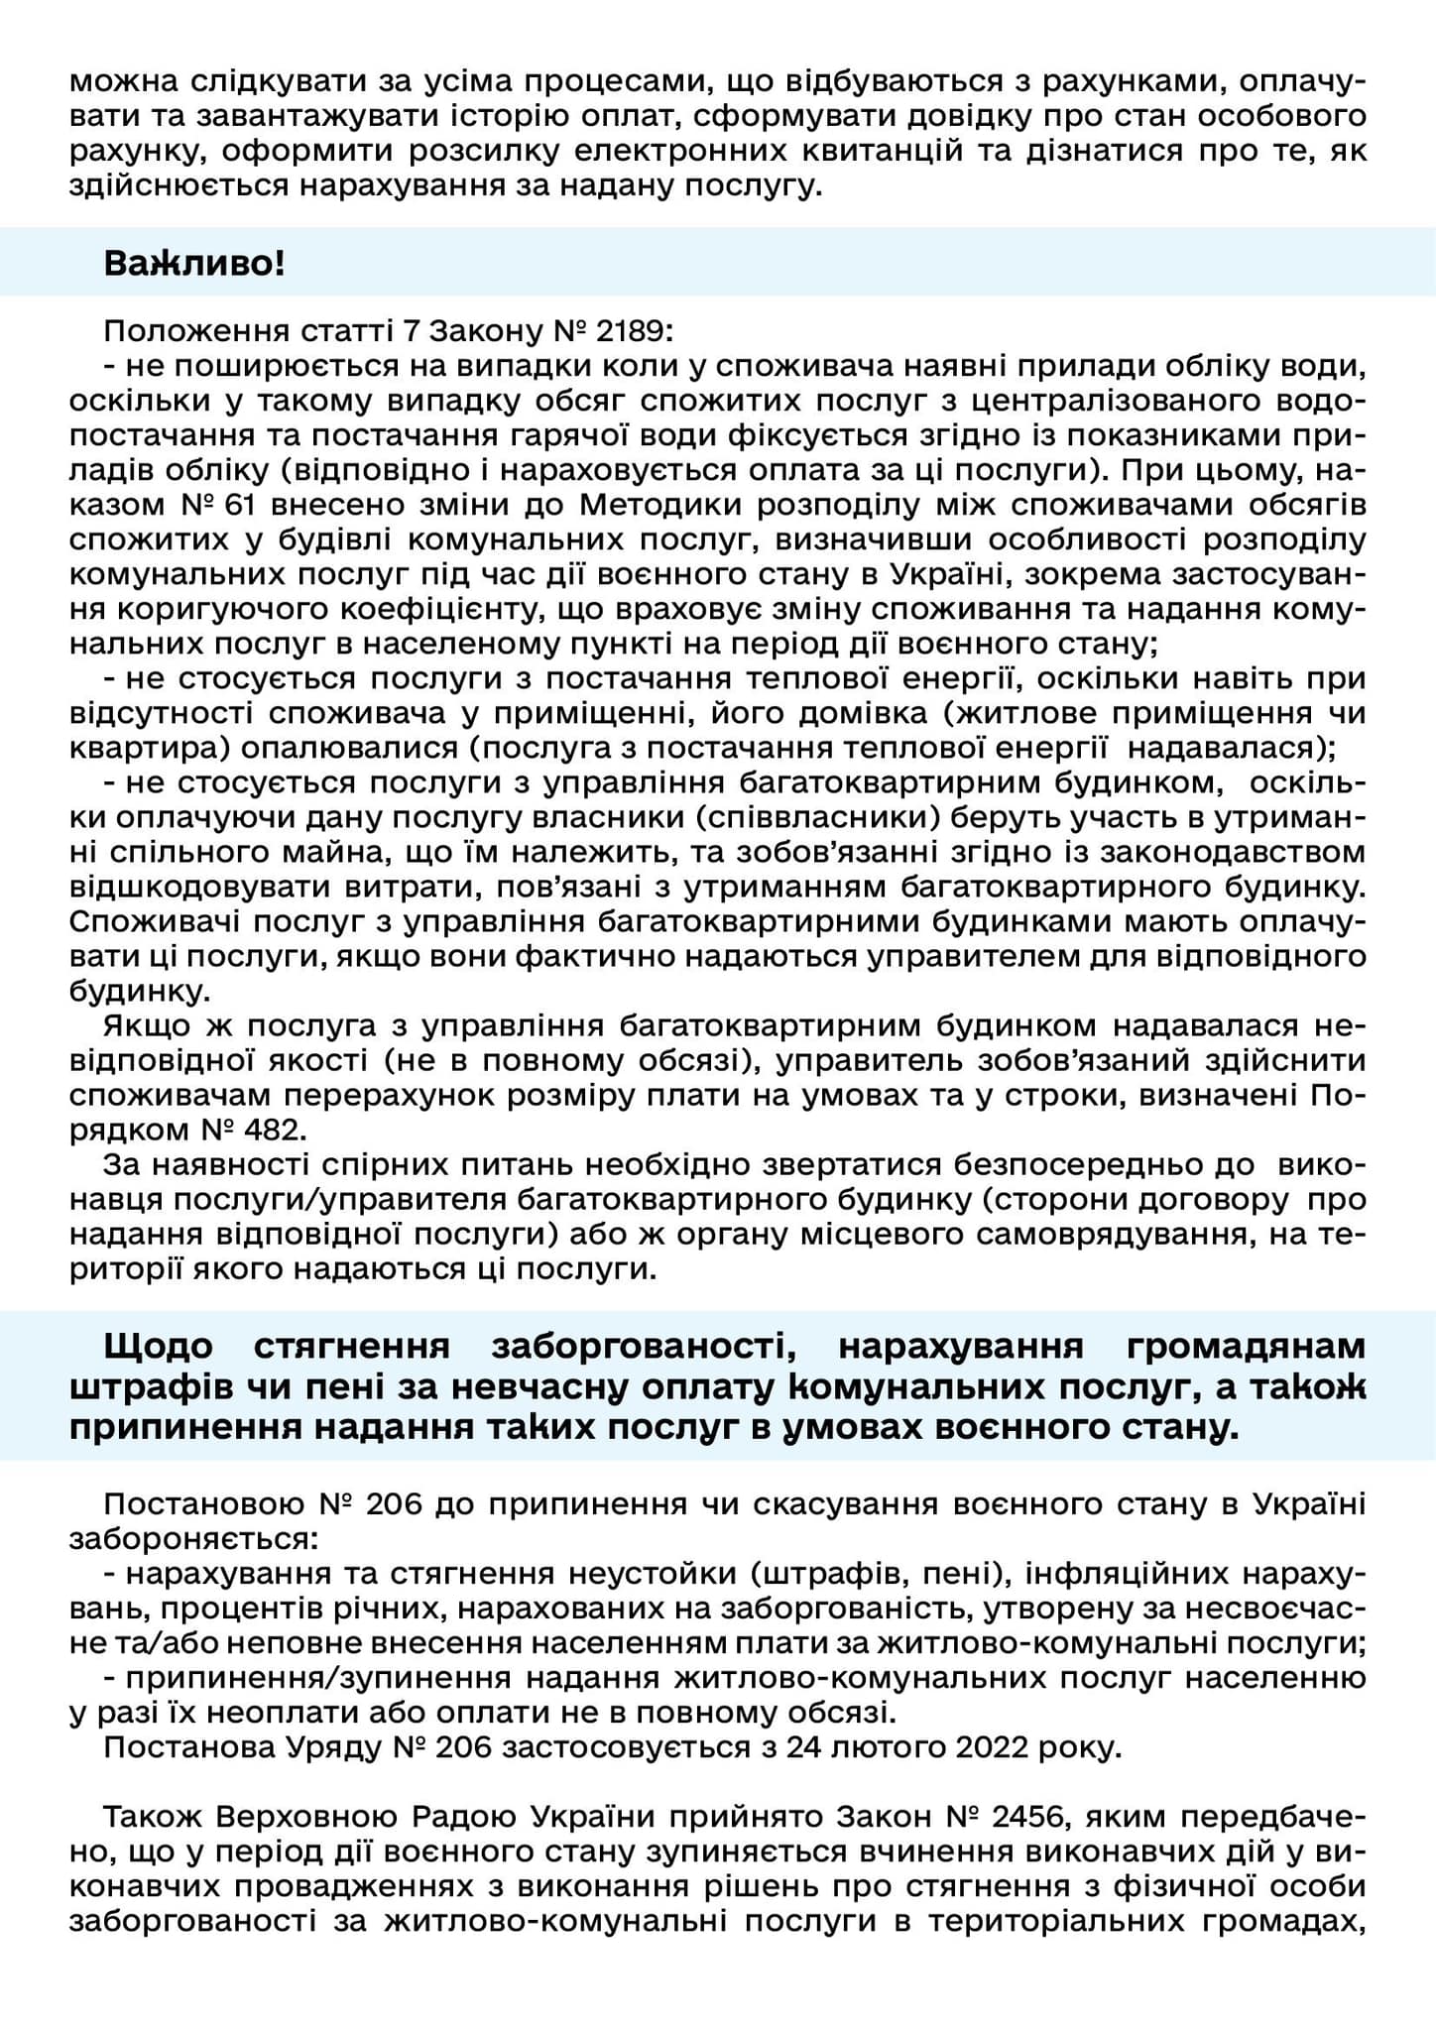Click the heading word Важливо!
click(x=194, y=263)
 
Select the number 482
click(x=272, y=1130)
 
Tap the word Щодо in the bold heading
click(x=158, y=1347)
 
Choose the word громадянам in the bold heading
click(x=1247, y=1347)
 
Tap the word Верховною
click(x=320, y=1817)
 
